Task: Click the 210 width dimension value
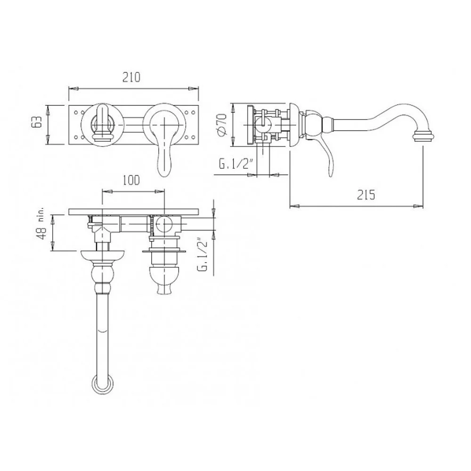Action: pyautogui.click(x=131, y=77)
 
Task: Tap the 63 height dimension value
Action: pyautogui.click(x=37, y=123)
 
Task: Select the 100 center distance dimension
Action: pyautogui.click(x=131, y=180)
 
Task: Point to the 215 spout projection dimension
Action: pyautogui.click(x=366, y=195)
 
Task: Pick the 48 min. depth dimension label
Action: pyautogui.click(x=41, y=224)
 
